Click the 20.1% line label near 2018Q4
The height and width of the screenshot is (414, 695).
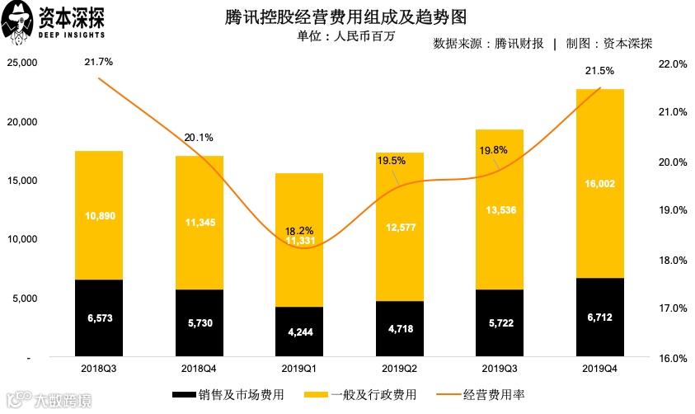[199, 137]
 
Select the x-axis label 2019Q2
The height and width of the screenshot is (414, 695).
[399, 369]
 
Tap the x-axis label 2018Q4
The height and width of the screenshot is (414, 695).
[199, 369]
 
